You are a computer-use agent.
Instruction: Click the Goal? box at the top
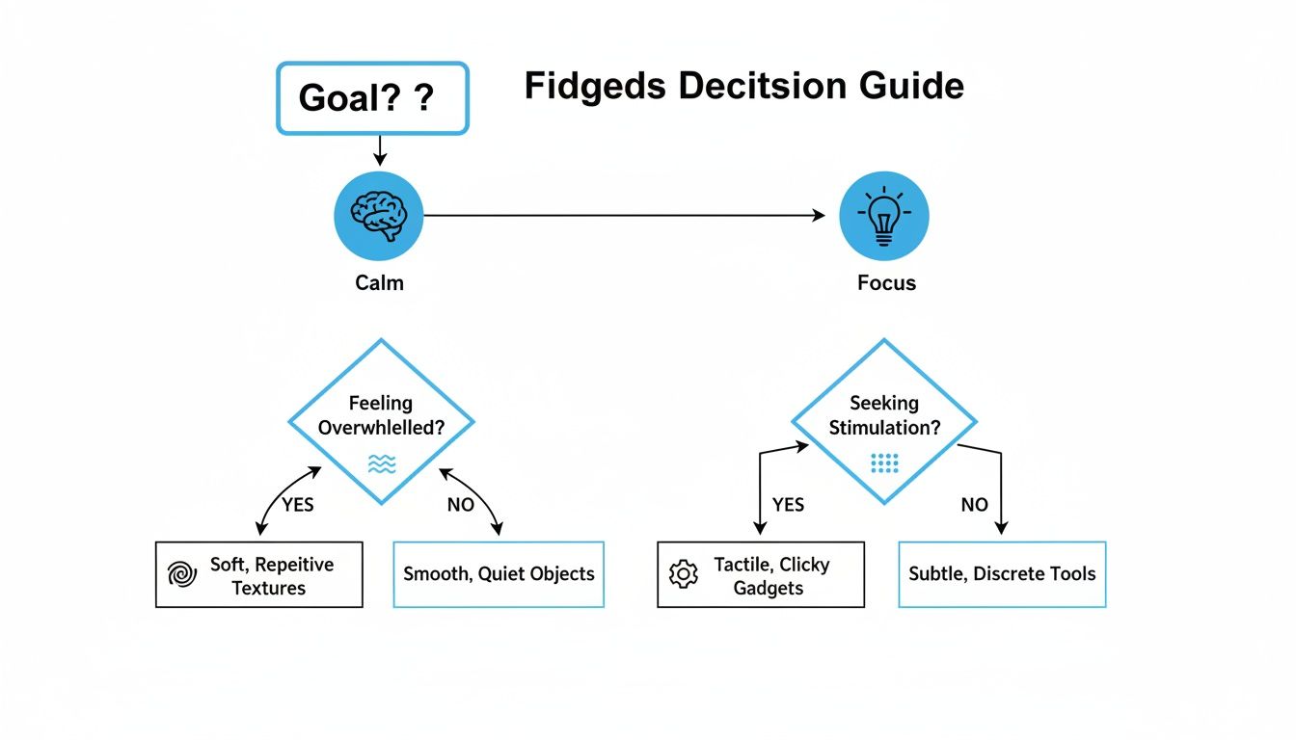tap(372, 98)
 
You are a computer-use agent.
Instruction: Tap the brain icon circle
tap(379, 217)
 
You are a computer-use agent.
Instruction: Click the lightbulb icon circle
tap(883, 217)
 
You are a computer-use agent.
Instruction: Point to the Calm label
tap(379, 282)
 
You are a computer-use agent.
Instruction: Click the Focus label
tap(886, 283)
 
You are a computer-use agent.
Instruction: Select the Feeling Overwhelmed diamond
tap(382, 420)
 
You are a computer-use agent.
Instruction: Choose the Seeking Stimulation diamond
tap(884, 420)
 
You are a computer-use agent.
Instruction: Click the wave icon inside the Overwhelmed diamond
tap(382, 464)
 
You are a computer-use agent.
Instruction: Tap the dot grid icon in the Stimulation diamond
tap(884, 463)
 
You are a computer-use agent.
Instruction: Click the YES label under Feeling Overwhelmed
tap(297, 504)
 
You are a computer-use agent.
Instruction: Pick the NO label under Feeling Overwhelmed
tap(461, 504)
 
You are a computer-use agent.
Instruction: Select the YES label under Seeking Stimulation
tap(788, 504)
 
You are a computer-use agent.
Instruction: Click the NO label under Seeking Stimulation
tap(974, 504)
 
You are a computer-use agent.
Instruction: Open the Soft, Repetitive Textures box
tap(259, 575)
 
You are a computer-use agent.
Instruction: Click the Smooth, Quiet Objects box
tap(499, 574)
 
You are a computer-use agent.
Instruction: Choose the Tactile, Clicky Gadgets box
tap(761, 575)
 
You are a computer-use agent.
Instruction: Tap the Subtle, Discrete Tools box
tap(1002, 574)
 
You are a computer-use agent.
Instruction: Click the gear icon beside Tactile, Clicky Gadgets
tap(683, 574)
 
